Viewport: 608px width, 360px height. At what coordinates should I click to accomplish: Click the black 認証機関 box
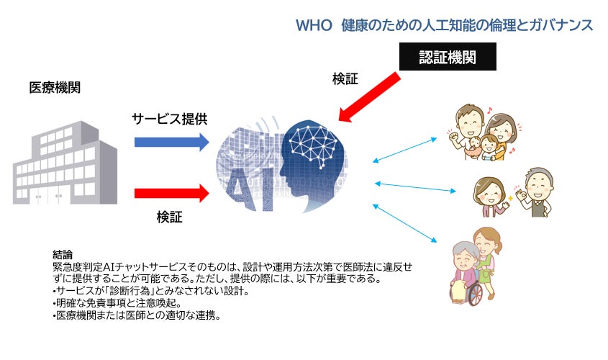tap(447, 56)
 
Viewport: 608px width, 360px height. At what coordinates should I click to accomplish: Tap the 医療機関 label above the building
tap(55, 88)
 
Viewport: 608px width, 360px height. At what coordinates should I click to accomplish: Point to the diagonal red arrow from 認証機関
tap(371, 94)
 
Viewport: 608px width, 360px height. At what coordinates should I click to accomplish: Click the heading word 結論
tap(63, 254)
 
